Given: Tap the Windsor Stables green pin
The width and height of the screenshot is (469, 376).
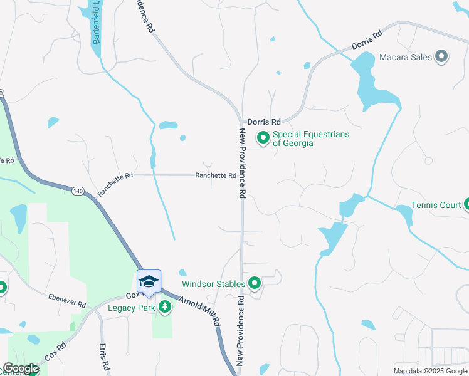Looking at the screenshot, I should click(x=254, y=284).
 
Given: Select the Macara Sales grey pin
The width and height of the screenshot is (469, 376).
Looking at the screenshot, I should click(x=441, y=57).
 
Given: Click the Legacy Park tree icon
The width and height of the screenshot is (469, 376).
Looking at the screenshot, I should click(x=164, y=307).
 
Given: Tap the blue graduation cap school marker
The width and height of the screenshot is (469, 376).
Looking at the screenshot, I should click(x=149, y=281).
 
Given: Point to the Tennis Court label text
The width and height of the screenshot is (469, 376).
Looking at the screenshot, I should click(x=436, y=205).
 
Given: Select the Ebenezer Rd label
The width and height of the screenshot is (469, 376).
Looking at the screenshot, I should click(x=67, y=300).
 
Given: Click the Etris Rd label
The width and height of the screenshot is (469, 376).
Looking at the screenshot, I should click(x=105, y=356).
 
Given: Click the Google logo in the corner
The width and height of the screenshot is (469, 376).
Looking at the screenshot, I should click(x=20, y=368).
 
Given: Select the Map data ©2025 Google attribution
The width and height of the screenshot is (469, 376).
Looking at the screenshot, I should click(x=429, y=371).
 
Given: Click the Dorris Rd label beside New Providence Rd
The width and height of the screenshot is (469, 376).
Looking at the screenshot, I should click(x=264, y=122).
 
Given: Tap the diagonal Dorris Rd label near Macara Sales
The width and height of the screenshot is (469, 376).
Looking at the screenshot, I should click(x=366, y=42).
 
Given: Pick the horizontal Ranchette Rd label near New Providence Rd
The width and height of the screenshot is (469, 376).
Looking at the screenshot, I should click(x=216, y=176).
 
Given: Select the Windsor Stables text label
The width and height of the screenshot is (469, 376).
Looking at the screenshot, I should click(x=213, y=284).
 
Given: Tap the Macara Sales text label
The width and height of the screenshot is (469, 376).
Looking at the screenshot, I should click(x=406, y=57).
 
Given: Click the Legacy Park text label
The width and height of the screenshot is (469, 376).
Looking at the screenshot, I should click(x=130, y=308).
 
